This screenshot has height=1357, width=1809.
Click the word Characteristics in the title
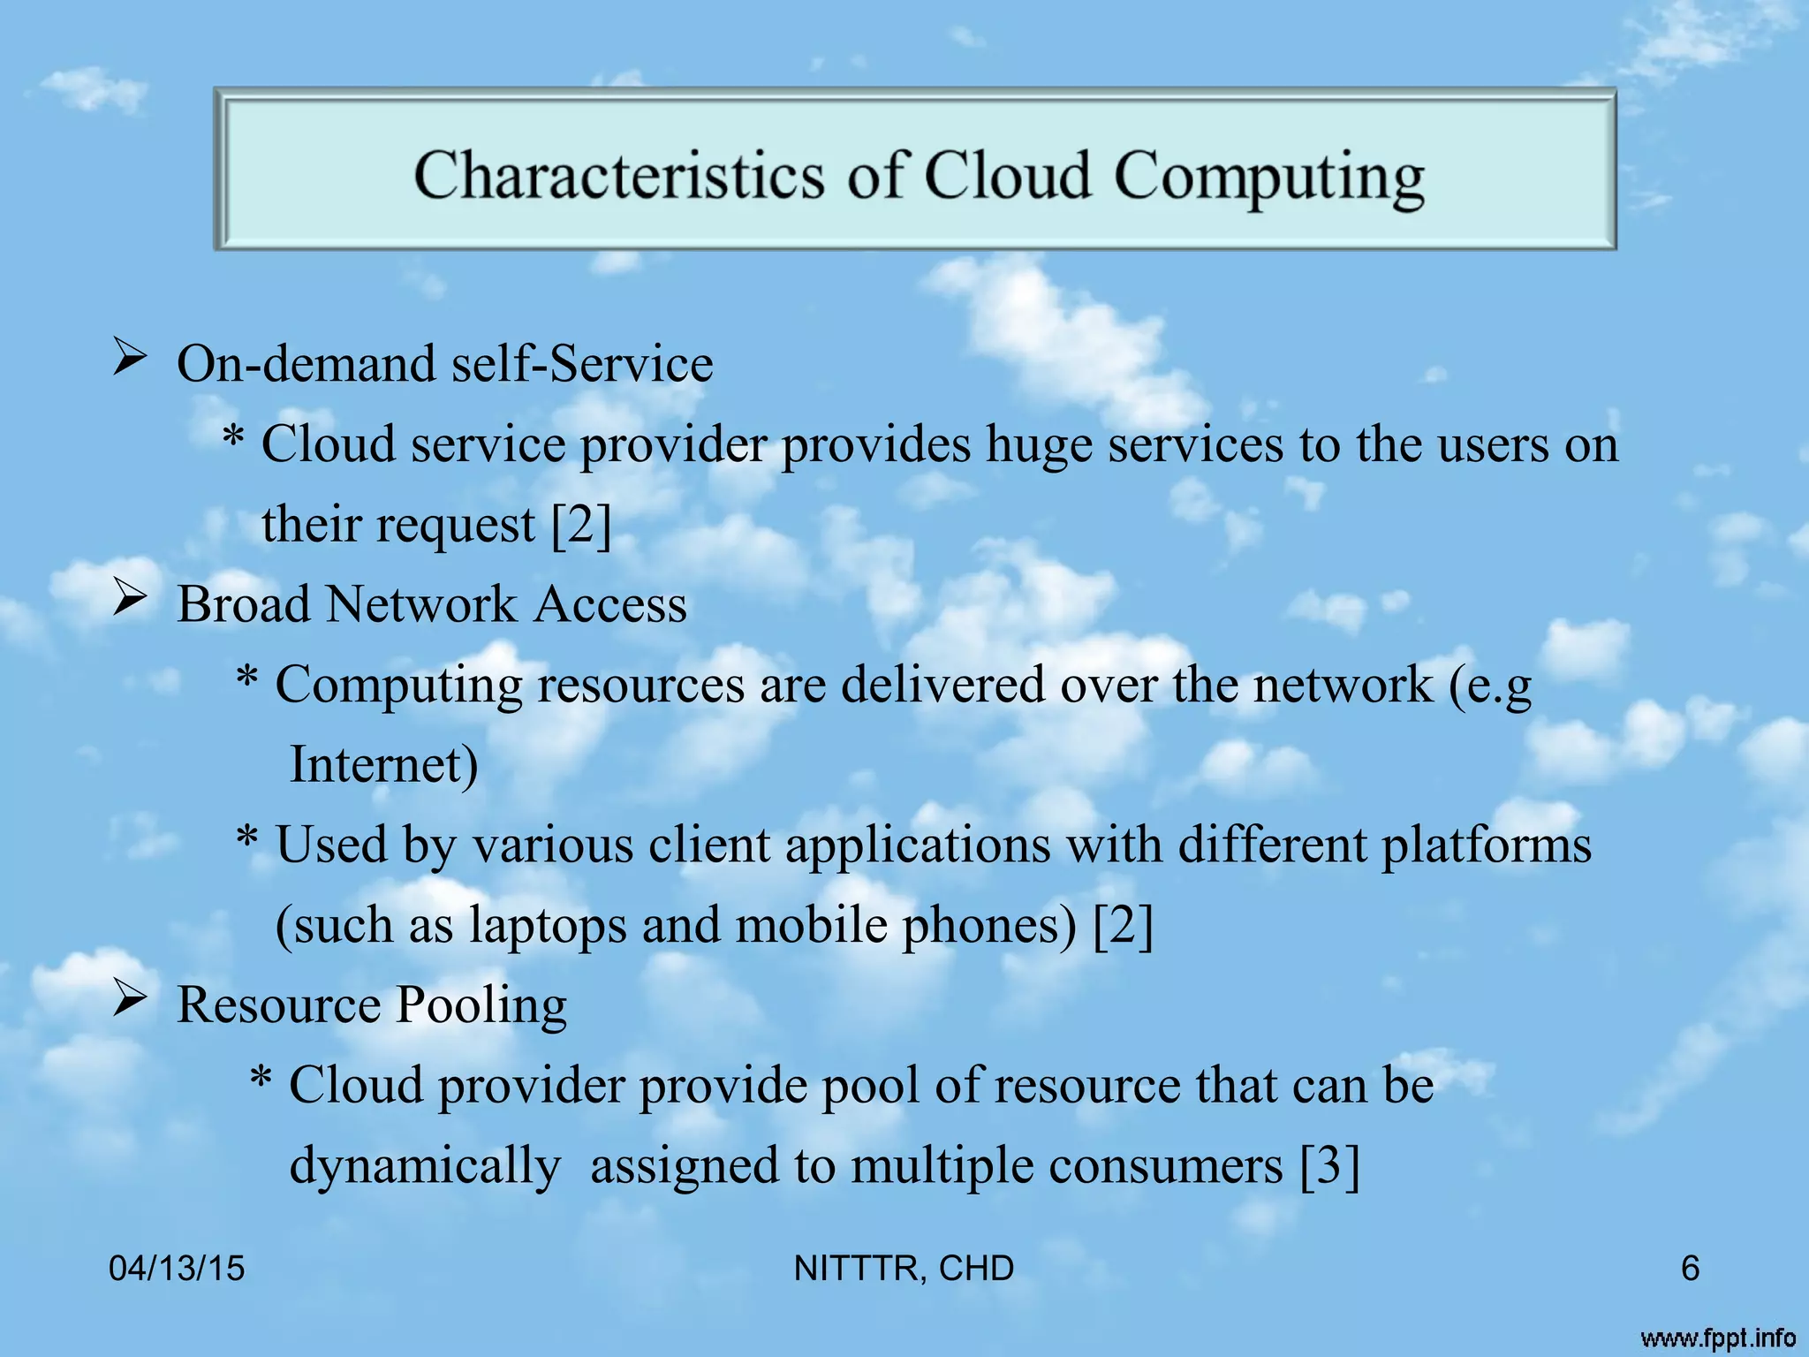coord(618,175)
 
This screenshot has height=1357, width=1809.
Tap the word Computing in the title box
coord(1268,177)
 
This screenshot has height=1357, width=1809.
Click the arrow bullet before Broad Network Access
coord(129,602)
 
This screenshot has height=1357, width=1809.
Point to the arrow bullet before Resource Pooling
coord(129,1002)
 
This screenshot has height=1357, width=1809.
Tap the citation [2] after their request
coord(580,525)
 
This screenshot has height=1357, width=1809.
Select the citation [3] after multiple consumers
coord(1329,1166)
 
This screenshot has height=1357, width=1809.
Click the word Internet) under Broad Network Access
coord(383,765)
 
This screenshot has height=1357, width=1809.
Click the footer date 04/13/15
coord(177,1269)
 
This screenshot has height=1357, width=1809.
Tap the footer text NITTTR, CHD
coord(904,1269)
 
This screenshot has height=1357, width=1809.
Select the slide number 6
coord(1690,1269)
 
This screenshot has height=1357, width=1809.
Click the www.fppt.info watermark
coord(1718,1338)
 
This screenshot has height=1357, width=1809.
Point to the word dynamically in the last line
coord(425,1166)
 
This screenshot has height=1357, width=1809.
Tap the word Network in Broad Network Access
coord(420,605)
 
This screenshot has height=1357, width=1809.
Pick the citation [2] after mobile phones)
coord(1123,926)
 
